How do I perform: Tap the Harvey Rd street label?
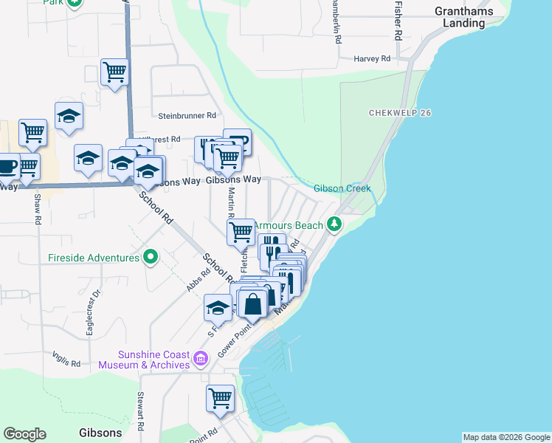pyautogui.click(x=371, y=58)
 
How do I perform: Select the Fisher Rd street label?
pyautogui.click(x=398, y=20)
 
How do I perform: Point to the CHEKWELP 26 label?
pyautogui.click(x=400, y=113)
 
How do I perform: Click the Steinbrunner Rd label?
pyautogui.click(x=187, y=116)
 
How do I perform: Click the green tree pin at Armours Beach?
pyautogui.click(x=334, y=223)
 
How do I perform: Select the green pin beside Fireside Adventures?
pyautogui.click(x=151, y=258)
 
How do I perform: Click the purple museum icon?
pyautogui.click(x=200, y=360)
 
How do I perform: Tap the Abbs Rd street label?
pyautogui.click(x=199, y=280)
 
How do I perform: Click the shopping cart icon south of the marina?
pyautogui.click(x=220, y=399)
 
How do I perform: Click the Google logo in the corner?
pyautogui.click(x=24, y=434)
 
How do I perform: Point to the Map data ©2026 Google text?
pyautogui.click(x=506, y=437)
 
